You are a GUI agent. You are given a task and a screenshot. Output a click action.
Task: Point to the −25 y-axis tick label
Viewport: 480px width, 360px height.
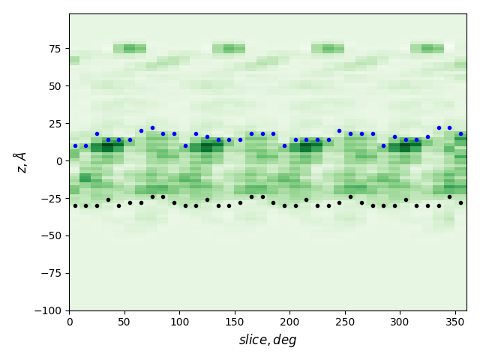52,198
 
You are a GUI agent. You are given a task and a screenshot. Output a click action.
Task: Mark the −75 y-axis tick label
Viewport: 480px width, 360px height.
52,273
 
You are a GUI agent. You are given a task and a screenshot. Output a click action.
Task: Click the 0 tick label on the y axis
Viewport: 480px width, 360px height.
60,160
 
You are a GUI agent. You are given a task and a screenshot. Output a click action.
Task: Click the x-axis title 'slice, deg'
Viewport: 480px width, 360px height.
268,340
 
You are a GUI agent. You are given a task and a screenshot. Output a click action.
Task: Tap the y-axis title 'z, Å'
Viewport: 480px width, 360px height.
22,162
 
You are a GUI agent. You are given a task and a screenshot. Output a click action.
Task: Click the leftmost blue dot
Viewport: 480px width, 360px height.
75,145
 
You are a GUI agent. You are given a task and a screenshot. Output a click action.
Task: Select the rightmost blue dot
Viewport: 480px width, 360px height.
460,133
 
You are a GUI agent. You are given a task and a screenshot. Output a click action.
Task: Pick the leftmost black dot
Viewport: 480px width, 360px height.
75,205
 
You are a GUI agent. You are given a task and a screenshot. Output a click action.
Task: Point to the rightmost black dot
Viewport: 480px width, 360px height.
460,202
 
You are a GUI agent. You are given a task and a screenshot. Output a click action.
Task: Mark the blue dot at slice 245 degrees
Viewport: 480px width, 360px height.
339,130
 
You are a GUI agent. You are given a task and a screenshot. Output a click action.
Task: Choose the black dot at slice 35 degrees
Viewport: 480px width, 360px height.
108,199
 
